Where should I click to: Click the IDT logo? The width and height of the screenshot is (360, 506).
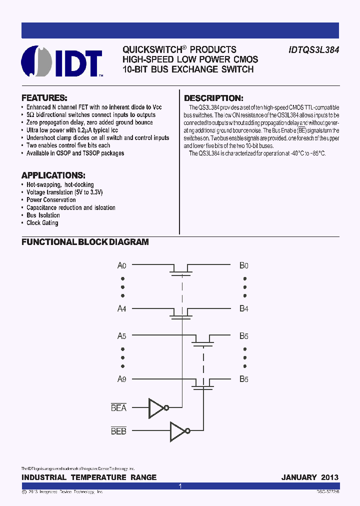tap(61, 61)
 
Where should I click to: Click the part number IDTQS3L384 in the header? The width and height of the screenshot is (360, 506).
tap(313, 50)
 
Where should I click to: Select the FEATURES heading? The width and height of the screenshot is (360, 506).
tap(44, 98)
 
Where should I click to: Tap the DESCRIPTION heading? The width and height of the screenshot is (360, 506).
tap(213, 98)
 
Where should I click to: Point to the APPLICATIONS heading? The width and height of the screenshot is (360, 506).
tap(53, 175)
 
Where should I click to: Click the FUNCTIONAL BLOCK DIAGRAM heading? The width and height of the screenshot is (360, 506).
tap(85, 242)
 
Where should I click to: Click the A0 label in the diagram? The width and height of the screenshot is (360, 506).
tap(122, 265)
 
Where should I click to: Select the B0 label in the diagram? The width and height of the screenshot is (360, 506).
tap(243, 265)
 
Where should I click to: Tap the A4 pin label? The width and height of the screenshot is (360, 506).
tap(122, 308)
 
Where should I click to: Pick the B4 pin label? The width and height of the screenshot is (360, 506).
tap(243, 308)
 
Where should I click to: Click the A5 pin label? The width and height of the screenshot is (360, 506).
tap(122, 336)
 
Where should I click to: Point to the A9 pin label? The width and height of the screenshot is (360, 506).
tap(122, 379)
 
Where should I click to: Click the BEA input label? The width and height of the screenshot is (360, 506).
tap(118, 408)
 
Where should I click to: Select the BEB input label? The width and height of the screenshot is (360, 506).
tap(118, 430)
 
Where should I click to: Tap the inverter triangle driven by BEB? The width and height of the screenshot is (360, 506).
tap(178, 430)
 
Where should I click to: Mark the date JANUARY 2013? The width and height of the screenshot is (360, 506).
tap(310, 477)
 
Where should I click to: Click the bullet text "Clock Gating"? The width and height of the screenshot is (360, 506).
tap(42, 223)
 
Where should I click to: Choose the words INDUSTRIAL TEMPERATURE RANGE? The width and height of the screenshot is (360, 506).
tap(89, 477)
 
